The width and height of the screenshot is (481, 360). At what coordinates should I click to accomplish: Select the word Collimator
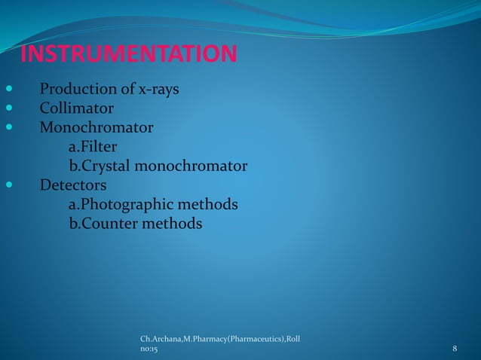tap(76, 108)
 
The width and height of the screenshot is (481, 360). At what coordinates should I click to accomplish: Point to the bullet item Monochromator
tap(96, 127)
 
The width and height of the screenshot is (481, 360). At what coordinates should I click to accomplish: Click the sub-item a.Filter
tap(93, 145)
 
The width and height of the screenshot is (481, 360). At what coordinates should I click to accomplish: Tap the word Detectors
tap(72, 185)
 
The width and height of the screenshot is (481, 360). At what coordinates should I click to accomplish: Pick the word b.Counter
tap(97, 224)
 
